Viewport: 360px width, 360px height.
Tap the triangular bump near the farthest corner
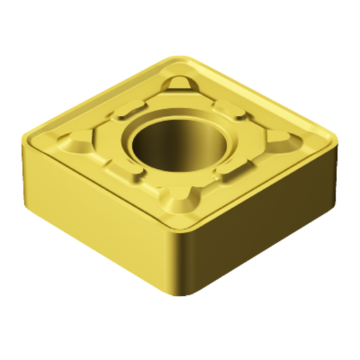click(x=180, y=85)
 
